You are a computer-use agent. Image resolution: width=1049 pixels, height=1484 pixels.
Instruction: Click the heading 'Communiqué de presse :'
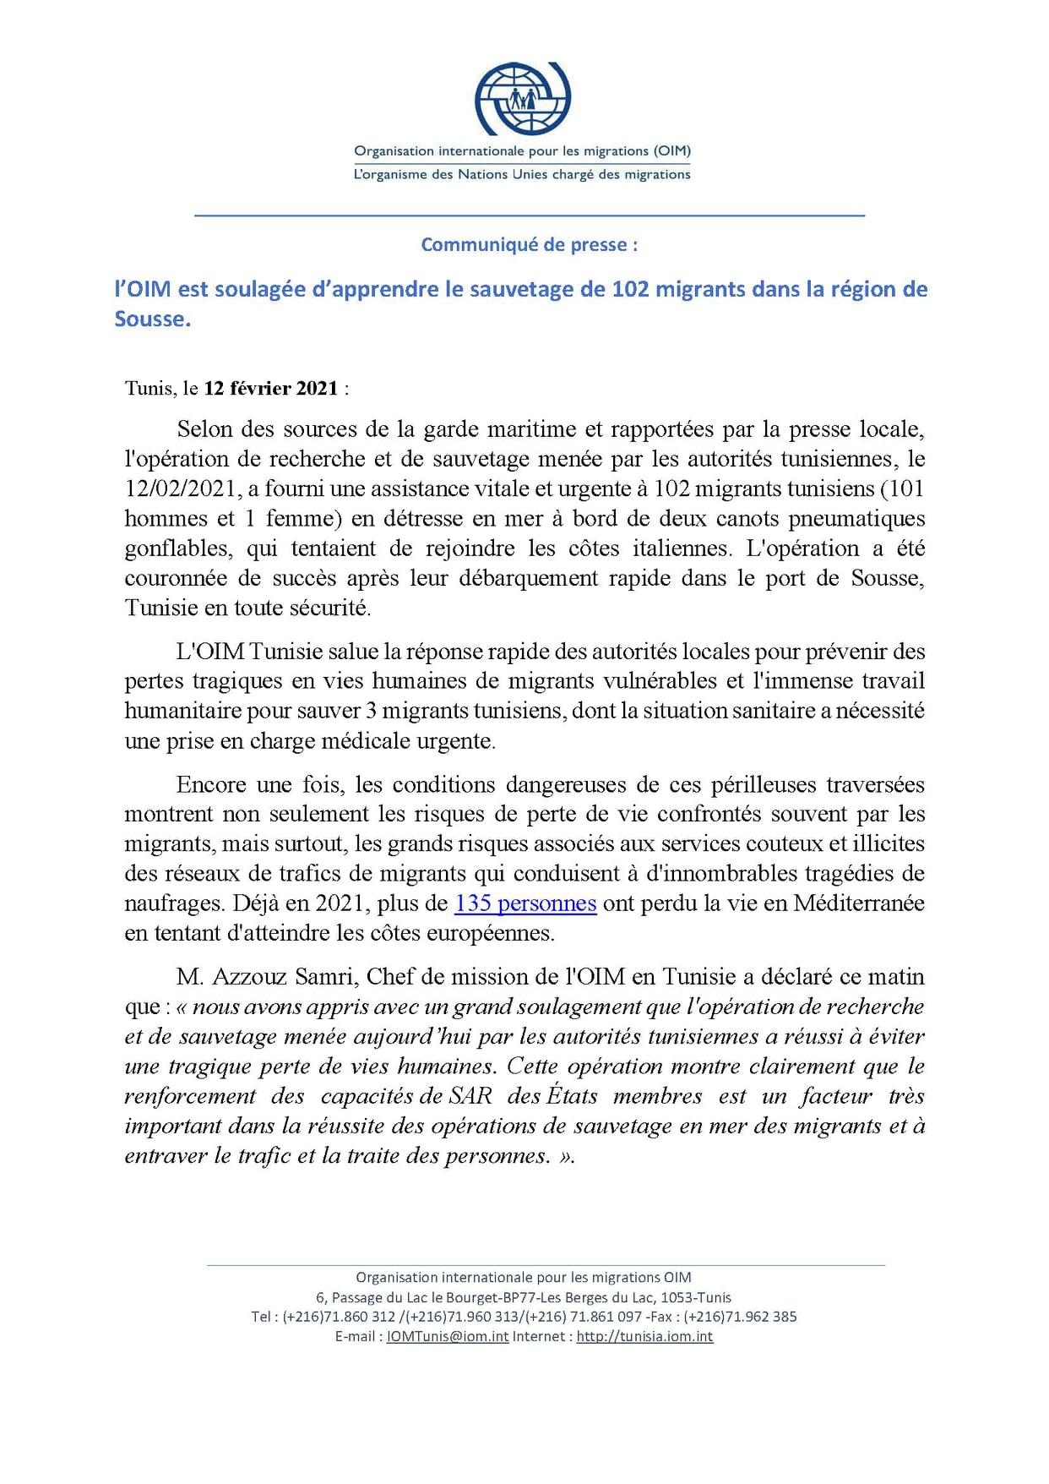coord(530,245)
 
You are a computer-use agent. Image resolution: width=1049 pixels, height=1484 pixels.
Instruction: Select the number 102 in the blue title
coord(630,289)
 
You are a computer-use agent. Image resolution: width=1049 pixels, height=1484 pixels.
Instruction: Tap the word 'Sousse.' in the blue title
coord(153,319)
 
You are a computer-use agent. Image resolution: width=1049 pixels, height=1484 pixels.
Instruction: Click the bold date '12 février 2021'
coord(271,389)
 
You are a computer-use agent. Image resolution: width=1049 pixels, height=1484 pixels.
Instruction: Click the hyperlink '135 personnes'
coord(525,903)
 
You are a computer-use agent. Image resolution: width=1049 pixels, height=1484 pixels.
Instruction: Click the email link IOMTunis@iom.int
coord(448,1336)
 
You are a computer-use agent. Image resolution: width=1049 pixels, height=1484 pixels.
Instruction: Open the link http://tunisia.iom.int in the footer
coord(644,1336)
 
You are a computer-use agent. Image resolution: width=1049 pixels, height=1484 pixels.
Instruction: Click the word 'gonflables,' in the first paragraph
coord(178,548)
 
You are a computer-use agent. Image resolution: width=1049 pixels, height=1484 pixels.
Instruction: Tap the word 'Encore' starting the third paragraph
coord(210,785)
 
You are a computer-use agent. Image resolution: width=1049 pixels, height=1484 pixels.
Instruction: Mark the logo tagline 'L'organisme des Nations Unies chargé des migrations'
coord(522,175)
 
